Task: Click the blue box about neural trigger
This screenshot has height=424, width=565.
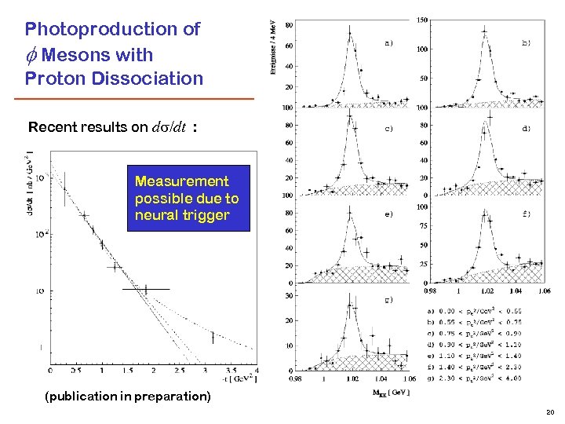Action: pyautogui.click(x=188, y=198)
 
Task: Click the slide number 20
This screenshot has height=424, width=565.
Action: pyautogui.click(x=549, y=411)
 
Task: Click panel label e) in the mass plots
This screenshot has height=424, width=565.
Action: pyautogui.click(x=388, y=214)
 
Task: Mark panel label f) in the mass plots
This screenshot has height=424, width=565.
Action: pyautogui.click(x=526, y=214)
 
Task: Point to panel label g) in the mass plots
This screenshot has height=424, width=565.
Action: pyautogui.click(x=388, y=299)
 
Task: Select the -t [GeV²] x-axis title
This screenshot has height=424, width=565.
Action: pyautogui.click(x=231, y=379)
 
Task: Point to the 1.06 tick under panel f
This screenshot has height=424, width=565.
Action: pyautogui.click(x=544, y=291)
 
